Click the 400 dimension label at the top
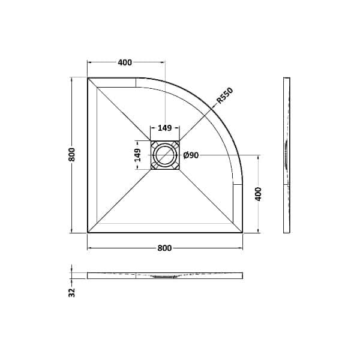point(125,62)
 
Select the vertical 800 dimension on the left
point(71,155)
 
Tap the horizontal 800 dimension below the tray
point(165,248)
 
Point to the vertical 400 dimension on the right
point(259,194)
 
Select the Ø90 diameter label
point(191,155)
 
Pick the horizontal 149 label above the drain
point(164,128)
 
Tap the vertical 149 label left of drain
point(137,155)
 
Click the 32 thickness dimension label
point(71,292)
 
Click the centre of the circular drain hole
point(164,155)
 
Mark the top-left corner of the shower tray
point(88,78)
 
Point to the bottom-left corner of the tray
point(88,232)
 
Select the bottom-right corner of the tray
point(242,232)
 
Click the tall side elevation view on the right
point(286,155)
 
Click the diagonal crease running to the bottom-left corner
point(120,200)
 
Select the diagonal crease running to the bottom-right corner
point(210,200)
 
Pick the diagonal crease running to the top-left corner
point(120,110)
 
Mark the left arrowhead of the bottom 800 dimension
point(90,248)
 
